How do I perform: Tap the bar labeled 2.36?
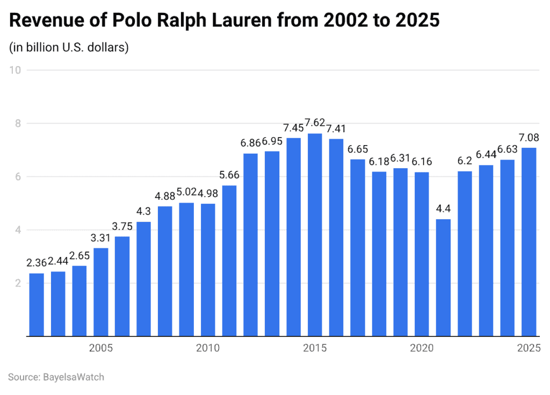[x=37, y=305]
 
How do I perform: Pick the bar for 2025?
[x=529, y=242]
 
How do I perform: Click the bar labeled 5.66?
[x=229, y=261]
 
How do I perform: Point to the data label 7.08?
[x=529, y=137]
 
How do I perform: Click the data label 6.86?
[x=251, y=143]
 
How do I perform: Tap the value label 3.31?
[x=101, y=238]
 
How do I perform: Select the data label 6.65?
[x=358, y=149]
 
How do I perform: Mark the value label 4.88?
[x=165, y=196]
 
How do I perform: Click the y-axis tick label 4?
[x=17, y=230]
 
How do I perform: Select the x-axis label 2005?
[x=100, y=348]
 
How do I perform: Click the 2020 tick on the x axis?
[x=422, y=348]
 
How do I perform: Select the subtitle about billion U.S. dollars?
[x=69, y=47]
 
